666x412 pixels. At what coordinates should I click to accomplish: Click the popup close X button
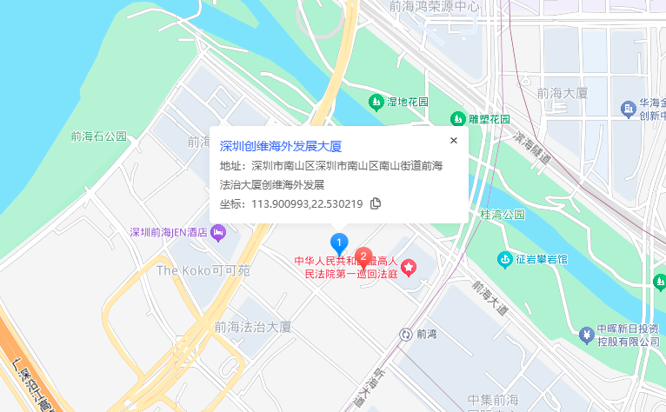click(453, 140)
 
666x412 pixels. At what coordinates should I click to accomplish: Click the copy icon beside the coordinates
click(376, 203)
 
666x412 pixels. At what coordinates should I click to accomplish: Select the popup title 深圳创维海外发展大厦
click(280, 146)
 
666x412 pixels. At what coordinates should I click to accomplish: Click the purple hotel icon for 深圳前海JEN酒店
click(218, 231)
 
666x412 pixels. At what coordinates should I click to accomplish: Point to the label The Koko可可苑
click(203, 270)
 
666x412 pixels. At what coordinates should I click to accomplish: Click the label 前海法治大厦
click(251, 327)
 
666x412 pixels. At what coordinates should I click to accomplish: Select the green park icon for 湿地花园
click(376, 102)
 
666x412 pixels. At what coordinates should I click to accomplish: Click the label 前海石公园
click(99, 136)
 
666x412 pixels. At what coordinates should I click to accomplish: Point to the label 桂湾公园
click(503, 214)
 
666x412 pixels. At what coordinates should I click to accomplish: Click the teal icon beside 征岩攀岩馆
click(505, 258)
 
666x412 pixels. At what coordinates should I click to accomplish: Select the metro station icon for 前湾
click(405, 334)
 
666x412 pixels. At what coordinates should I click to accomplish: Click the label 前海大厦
click(563, 93)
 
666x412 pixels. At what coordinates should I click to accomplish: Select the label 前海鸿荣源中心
click(434, 6)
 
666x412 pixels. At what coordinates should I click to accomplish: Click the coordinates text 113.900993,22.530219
click(307, 203)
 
